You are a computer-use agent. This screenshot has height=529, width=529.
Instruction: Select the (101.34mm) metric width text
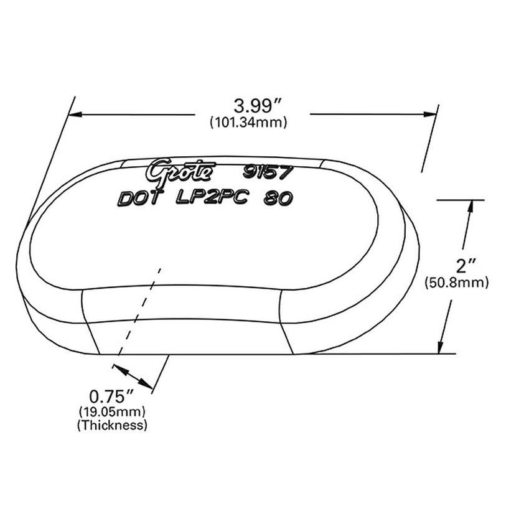[x=248, y=123]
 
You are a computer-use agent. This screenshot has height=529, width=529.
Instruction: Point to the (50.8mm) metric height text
[x=456, y=283]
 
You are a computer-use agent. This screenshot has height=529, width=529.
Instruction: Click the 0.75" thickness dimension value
[x=112, y=396]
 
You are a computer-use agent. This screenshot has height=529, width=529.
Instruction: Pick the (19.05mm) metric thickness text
[x=112, y=411]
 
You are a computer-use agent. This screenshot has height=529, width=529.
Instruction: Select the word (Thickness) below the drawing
[x=112, y=426]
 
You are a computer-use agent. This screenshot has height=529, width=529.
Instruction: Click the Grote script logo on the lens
[x=181, y=170]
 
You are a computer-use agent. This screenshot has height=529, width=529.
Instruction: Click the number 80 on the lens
[x=279, y=199]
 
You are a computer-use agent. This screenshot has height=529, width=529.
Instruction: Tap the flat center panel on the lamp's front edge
[x=187, y=324]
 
